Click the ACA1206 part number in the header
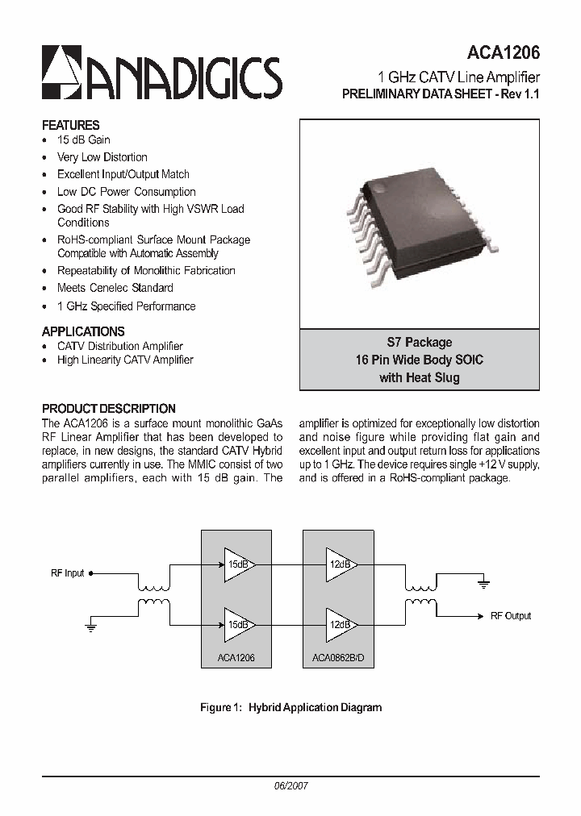pyautogui.click(x=503, y=52)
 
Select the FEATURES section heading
pyautogui.click(x=70, y=125)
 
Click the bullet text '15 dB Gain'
pyautogui.click(x=84, y=139)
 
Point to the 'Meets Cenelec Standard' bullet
pyautogui.click(x=115, y=288)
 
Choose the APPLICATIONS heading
pyautogui.click(x=83, y=331)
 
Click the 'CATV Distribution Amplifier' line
pyautogui.click(x=119, y=346)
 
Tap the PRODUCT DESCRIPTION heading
pyautogui.click(x=108, y=409)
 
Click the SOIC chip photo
pyautogui.click(x=420, y=218)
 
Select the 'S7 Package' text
pyautogui.click(x=420, y=343)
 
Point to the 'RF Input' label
pyautogui.click(x=67, y=573)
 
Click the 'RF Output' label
pyautogui.click(x=511, y=616)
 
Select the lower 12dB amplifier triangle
pyautogui.click(x=340, y=625)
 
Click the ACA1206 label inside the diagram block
pyautogui.click(x=236, y=658)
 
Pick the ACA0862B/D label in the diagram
pyautogui.click(x=338, y=658)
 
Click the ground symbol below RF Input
pyautogui.click(x=90, y=626)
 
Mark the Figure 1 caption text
pyautogui.click(x=290, y=708)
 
